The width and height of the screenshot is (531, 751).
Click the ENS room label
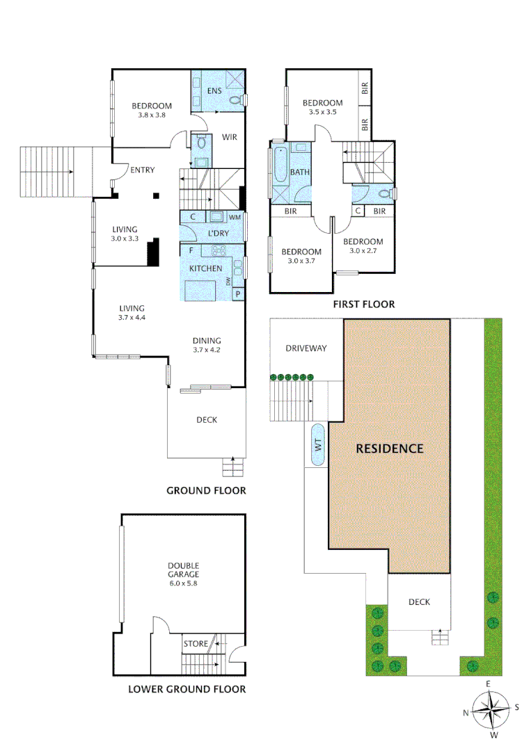coord(214,91)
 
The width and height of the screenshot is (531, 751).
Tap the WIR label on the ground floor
coord(230,137)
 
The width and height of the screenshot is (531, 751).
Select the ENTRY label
coord(142,170)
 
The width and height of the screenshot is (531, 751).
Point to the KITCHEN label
coord(206,268)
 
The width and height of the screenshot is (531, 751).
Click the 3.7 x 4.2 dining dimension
coord(207,350)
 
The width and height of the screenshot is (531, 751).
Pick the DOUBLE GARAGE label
coord(183,570)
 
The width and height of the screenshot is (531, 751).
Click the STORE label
coord(196,644)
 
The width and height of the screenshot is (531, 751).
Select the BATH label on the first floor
coord(300,172)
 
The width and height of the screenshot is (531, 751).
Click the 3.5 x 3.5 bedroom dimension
coord(322,112)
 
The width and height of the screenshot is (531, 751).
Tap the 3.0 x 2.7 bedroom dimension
coord(363,250)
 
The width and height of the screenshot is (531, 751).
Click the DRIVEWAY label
coord(306,348)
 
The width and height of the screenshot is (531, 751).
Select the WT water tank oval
coord(318,446)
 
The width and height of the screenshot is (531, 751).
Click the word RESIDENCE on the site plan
coord(389,449)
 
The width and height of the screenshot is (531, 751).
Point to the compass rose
coord(491,710)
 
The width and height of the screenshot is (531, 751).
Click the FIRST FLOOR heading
coord(363,304)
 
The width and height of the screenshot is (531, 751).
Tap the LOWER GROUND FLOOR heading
coord(187,690)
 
